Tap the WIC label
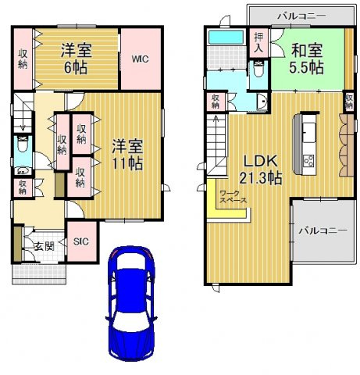coord(141,59)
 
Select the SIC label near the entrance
coord(80,241)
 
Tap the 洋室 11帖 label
coord(125,154)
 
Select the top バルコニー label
coord(301,15)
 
